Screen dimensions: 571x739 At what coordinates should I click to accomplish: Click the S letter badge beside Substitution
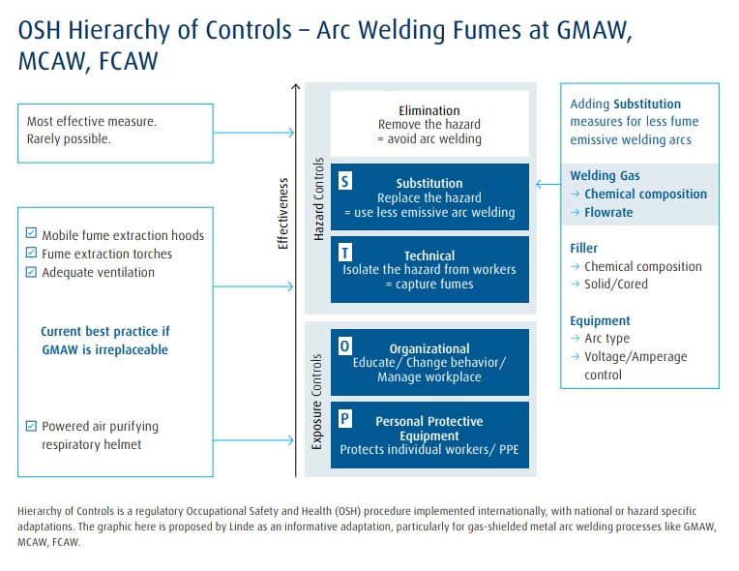[346, 181]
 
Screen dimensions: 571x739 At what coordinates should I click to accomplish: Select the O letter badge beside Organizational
[346, 346]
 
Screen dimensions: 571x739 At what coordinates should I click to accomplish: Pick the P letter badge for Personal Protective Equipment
[346, 418]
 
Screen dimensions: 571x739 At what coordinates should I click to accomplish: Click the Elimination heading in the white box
[429, 110]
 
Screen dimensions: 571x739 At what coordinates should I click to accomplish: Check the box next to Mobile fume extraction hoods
[32, 234]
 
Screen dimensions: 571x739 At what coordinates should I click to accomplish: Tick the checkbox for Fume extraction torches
[32, 253]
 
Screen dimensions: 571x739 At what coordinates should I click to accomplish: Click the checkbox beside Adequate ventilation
[32, 272]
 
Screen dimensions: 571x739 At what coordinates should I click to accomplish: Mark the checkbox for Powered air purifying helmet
[32, 425]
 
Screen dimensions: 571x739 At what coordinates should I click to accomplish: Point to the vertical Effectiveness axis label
[283, 213]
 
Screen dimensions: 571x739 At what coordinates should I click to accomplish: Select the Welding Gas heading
[605, 175]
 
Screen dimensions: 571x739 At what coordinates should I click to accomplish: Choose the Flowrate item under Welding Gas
[608, 212]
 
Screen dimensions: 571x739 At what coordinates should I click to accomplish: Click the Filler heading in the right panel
[584, 248]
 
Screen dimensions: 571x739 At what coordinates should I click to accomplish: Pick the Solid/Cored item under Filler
[615, 284]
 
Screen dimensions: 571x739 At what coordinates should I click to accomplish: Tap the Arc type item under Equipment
[606, 339]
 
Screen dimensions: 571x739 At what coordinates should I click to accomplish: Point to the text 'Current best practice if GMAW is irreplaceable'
[104, 340]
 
